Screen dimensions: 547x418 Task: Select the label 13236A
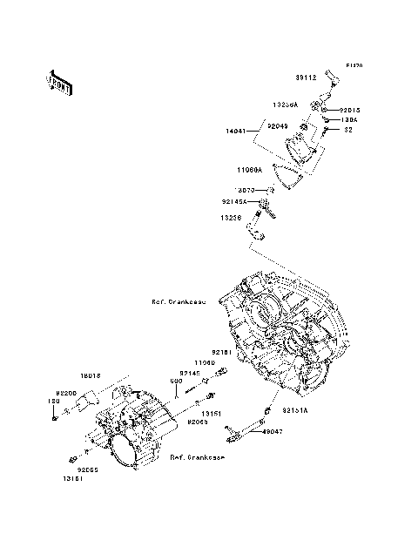[285, 105]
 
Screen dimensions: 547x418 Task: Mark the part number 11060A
[253, 172]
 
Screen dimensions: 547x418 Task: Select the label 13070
[245, 190]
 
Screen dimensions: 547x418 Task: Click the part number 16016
[91, 375]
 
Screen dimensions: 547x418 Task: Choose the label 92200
[67, 394]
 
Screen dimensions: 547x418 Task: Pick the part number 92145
[190, 372]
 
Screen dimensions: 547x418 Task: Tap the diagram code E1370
[353, 65]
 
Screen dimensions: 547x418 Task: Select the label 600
[175, 381]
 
